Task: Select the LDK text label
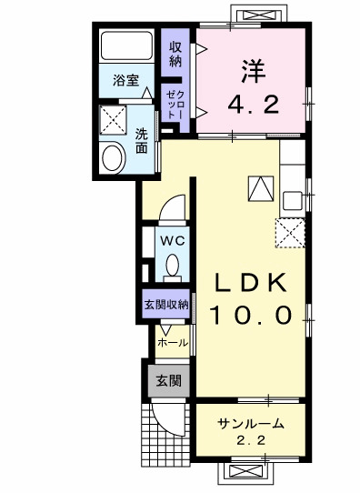252,283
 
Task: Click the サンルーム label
251,424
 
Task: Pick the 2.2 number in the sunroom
250,441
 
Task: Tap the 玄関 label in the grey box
166,379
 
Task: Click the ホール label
173,343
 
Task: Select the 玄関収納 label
165,305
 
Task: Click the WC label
172,240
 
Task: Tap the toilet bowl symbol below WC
172,267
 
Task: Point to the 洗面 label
142,140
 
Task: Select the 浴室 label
125,80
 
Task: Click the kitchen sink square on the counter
294,199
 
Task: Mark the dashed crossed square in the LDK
290,233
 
